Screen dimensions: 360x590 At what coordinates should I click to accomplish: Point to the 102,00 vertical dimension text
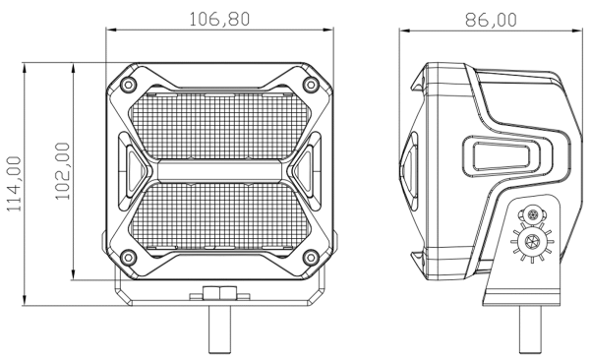[63, 170]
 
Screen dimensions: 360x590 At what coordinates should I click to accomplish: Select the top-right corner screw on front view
[311, 82]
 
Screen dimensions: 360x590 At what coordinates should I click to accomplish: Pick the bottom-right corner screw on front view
[311, 258]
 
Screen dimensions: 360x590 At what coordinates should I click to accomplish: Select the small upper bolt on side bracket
[533, 214]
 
